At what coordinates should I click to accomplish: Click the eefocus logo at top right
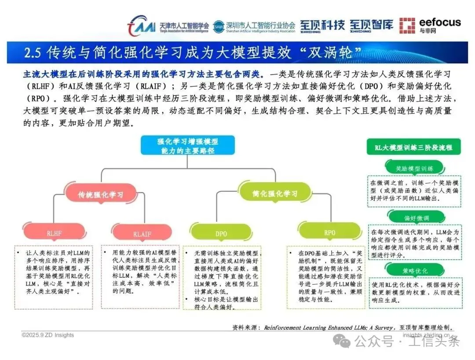[x=430, y=26]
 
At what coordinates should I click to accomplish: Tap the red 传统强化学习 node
[x=101, y=194]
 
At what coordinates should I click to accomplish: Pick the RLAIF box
[x=142, y=234]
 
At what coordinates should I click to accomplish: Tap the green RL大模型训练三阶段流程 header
[x=413, y=147]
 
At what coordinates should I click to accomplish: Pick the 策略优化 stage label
[x=414, y=271]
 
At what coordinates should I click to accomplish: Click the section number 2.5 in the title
[x=33, y=53]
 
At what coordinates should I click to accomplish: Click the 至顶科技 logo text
[x=322, y=26]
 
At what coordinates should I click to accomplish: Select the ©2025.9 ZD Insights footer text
[x=48, y=335]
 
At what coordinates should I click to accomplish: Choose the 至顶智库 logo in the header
[x=372, y=26]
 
